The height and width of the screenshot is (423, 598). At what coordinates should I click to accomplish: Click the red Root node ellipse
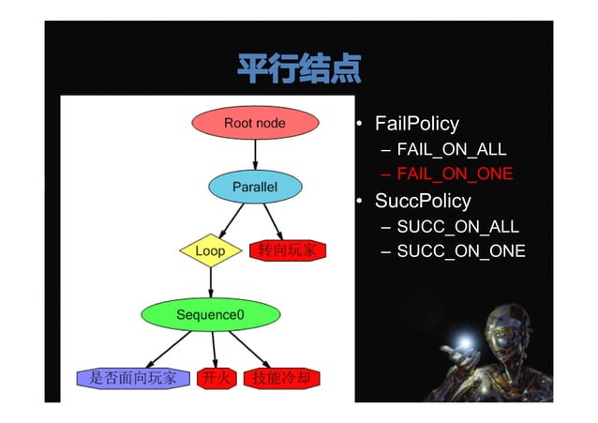pos(254,123)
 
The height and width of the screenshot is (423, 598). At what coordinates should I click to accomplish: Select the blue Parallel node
pos(255,187)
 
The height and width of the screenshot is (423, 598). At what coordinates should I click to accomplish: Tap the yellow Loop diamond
pos(210,251)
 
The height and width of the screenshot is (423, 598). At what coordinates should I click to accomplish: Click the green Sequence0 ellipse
pos(210,314)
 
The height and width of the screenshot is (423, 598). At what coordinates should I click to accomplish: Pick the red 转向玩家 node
pos(287,251)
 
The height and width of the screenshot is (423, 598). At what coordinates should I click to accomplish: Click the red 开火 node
pos(216,378)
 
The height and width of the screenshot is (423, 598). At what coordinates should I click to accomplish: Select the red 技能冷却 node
pos(281,378)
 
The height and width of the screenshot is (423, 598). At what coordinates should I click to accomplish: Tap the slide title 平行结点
pos(298,68)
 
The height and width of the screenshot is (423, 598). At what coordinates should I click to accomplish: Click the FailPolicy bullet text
pos(416,124)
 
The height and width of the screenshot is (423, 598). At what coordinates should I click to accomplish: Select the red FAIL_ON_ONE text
pos(454,174)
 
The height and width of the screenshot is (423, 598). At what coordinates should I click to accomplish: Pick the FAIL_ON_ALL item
pos(451,149)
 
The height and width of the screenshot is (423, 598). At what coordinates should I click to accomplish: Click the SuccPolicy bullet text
pos(422,201)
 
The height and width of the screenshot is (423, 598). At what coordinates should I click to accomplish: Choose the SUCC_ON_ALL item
pos(456,227)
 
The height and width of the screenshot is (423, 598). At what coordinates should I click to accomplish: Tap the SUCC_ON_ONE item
pos(460,251)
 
